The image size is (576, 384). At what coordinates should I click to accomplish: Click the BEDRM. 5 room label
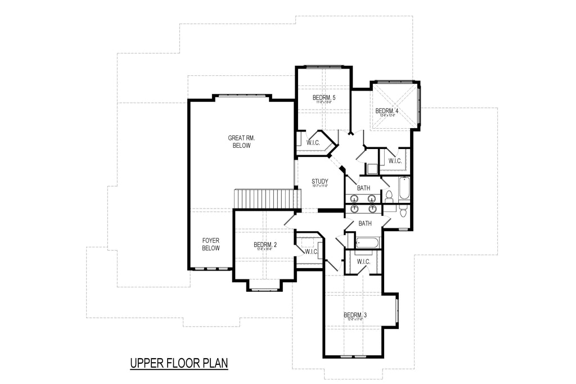point(323,98)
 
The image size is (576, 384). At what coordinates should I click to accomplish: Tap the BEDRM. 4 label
point(386,111)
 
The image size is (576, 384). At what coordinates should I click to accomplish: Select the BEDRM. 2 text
point(265,245)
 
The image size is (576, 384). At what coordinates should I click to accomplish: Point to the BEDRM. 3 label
point(355,315)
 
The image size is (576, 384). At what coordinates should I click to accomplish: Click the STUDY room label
point(320,181)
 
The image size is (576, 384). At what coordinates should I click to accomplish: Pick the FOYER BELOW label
point(211,244)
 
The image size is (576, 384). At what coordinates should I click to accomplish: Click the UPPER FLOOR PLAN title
point(179,363)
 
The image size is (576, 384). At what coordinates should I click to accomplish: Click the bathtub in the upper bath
point(404,189)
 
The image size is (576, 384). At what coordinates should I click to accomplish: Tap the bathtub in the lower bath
point(368,243)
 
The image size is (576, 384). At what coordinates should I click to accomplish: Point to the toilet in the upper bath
point(389,196)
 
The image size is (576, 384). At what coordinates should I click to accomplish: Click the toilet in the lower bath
point(402,210)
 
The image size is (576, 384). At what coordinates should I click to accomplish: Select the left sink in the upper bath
point(354,198)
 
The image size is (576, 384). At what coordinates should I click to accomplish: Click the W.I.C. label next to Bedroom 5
point(313,143)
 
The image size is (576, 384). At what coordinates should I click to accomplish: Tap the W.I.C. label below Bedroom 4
point(395,161)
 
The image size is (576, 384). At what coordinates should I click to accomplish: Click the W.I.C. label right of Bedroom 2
point(312,251)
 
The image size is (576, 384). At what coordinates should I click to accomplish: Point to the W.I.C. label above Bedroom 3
point(363,261)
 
